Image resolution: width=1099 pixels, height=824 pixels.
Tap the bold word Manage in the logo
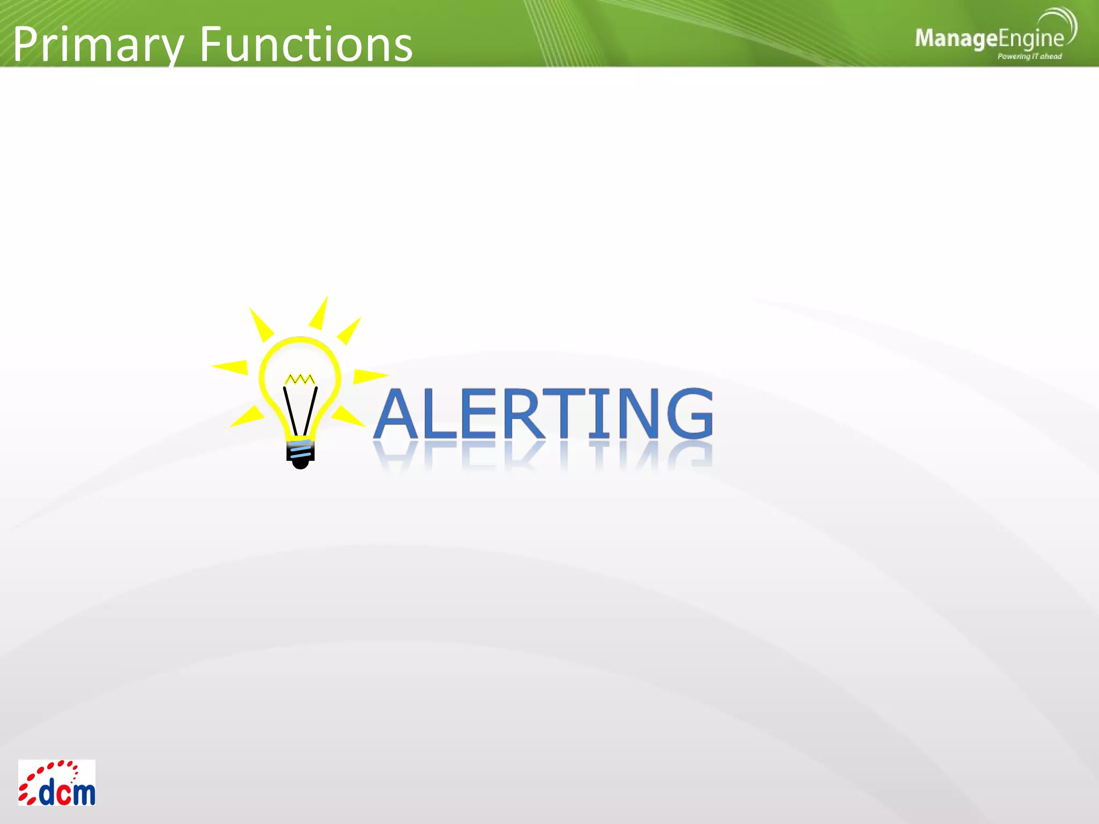click(956, 39)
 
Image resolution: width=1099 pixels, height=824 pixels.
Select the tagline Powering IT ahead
click(1029, 56)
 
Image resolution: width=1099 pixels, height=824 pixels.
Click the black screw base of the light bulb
click(301, 453)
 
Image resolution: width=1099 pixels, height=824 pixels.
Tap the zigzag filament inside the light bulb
click(300, 379)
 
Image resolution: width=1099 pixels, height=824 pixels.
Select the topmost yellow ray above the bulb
click(320, 314)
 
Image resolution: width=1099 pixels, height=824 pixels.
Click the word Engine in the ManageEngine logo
click(1031, 39)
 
